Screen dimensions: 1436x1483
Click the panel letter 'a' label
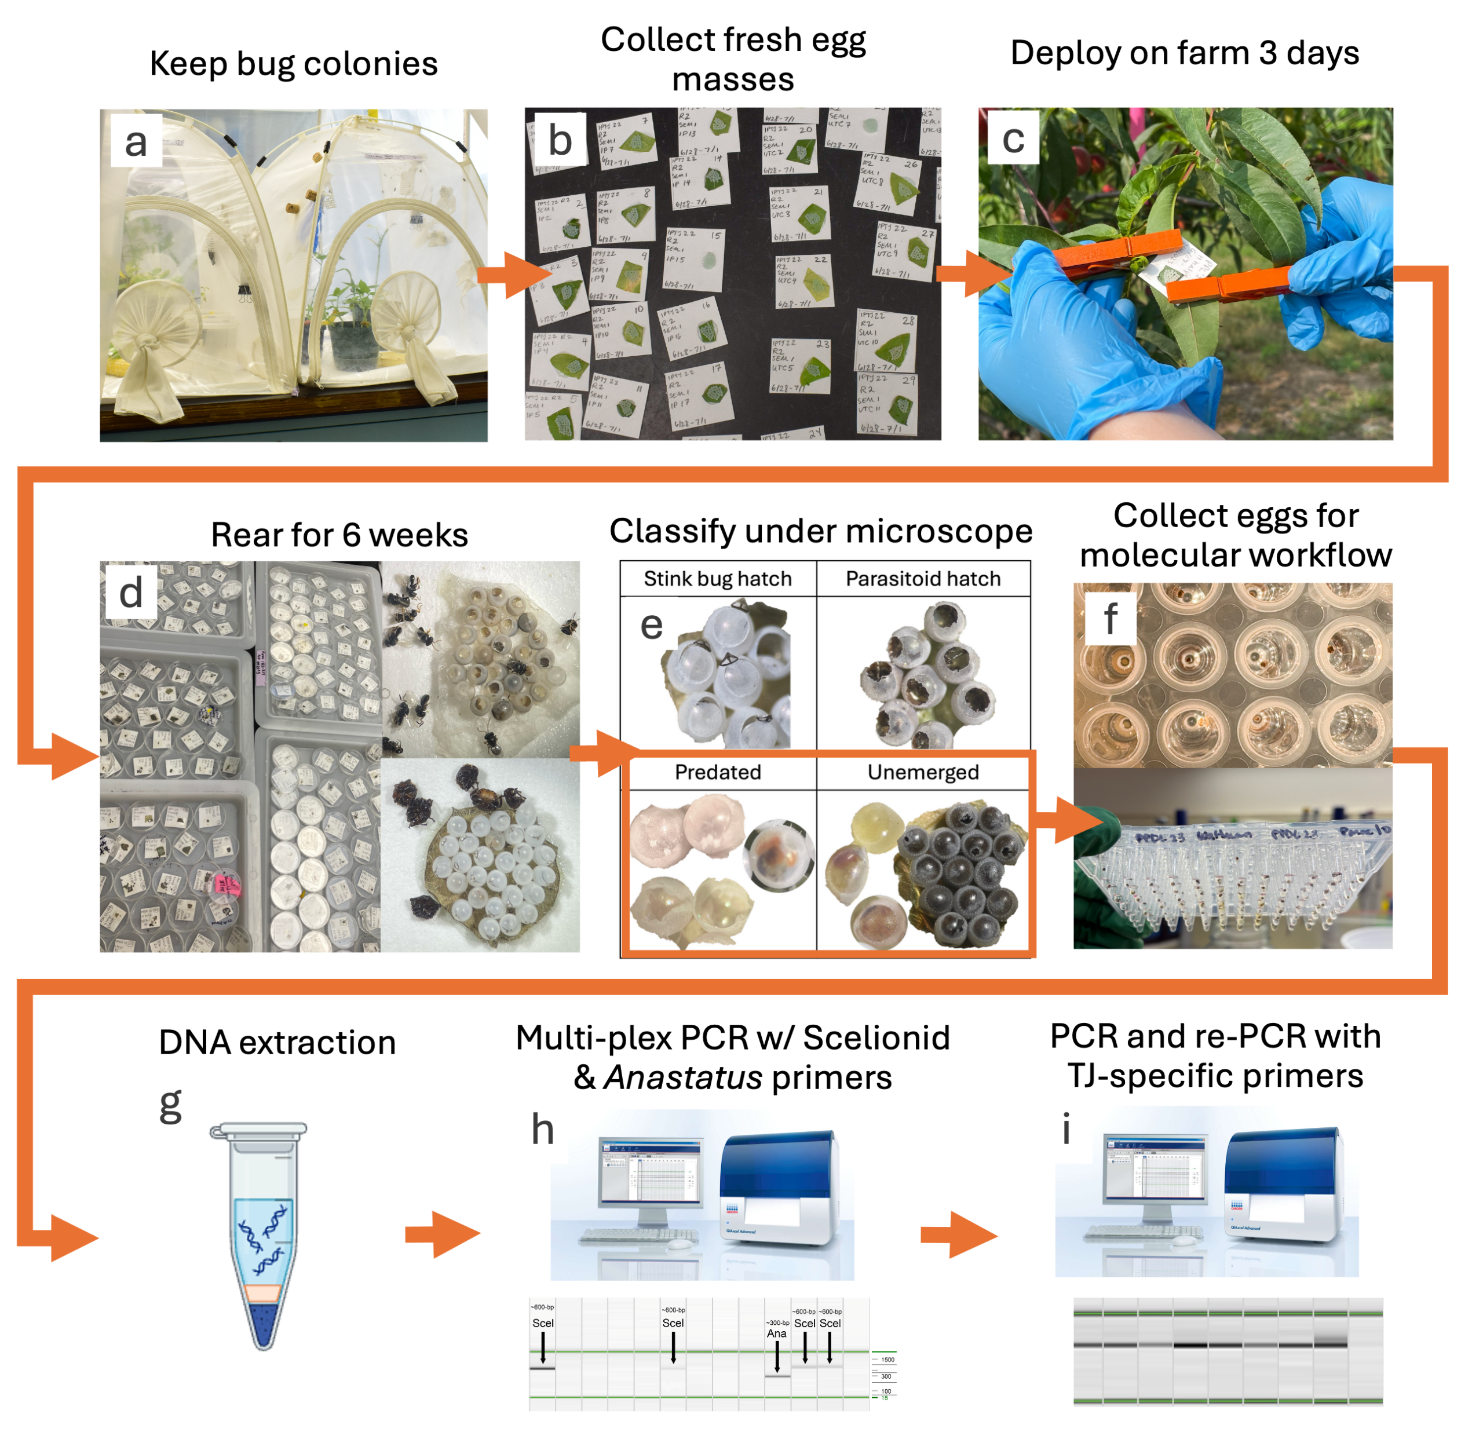click(x=136, y=141)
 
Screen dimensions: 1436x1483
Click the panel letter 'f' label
click(x=1110, y=618)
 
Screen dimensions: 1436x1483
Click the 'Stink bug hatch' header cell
click(x=717, y=579)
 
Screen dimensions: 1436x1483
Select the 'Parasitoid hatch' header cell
click(x=922, y=579)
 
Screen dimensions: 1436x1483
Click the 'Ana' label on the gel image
click(x=776, y=1333)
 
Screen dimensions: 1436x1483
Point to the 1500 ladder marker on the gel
click(x=887, y=1360)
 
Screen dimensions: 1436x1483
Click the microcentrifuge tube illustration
click(x=261, y=1233)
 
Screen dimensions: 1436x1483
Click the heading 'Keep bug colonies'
click(x=294, y=64)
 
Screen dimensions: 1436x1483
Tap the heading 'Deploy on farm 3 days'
click(x=1184, y=53)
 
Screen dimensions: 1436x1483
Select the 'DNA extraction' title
click(x=277, y=1042)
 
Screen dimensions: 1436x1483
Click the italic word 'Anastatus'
click(x=682, y=1077)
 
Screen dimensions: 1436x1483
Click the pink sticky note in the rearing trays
click(x=227, y=884)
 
